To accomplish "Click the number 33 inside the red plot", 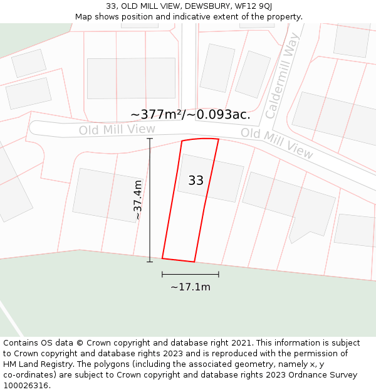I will (x=196, y=181).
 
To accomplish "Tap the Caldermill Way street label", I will (x=283, y=77).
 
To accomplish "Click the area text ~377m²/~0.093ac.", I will (x=191, y=115).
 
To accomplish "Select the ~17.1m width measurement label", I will (x=191, y=287).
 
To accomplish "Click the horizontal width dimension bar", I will (x=191, y=274).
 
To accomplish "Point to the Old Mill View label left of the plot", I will (x=117, y=130).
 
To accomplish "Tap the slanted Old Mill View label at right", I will (x=277, y=143).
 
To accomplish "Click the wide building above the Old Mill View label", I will (x=131, y=78).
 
